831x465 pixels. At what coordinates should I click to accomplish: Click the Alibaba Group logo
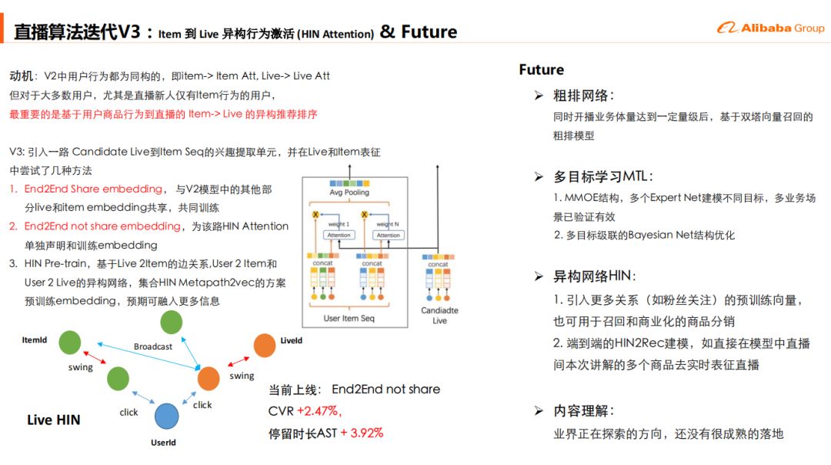[770, 28]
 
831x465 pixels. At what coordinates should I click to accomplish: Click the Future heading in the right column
[541, 70]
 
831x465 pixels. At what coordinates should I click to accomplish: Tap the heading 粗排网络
[582, 96]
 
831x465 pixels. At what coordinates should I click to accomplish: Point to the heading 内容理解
[582, 411]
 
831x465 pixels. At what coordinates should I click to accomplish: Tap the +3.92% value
[362, 433]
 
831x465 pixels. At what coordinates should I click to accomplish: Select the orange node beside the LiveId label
[264, 346]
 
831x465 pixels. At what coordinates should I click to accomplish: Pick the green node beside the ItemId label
[70, 343]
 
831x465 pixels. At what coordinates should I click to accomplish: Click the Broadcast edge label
[153, 346]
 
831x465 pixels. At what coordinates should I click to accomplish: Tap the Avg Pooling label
[349, 192]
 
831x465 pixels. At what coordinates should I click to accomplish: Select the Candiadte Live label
[439, 315]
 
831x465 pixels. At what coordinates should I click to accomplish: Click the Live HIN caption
[53, 420]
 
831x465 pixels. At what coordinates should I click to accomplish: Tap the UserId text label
[163, 443]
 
